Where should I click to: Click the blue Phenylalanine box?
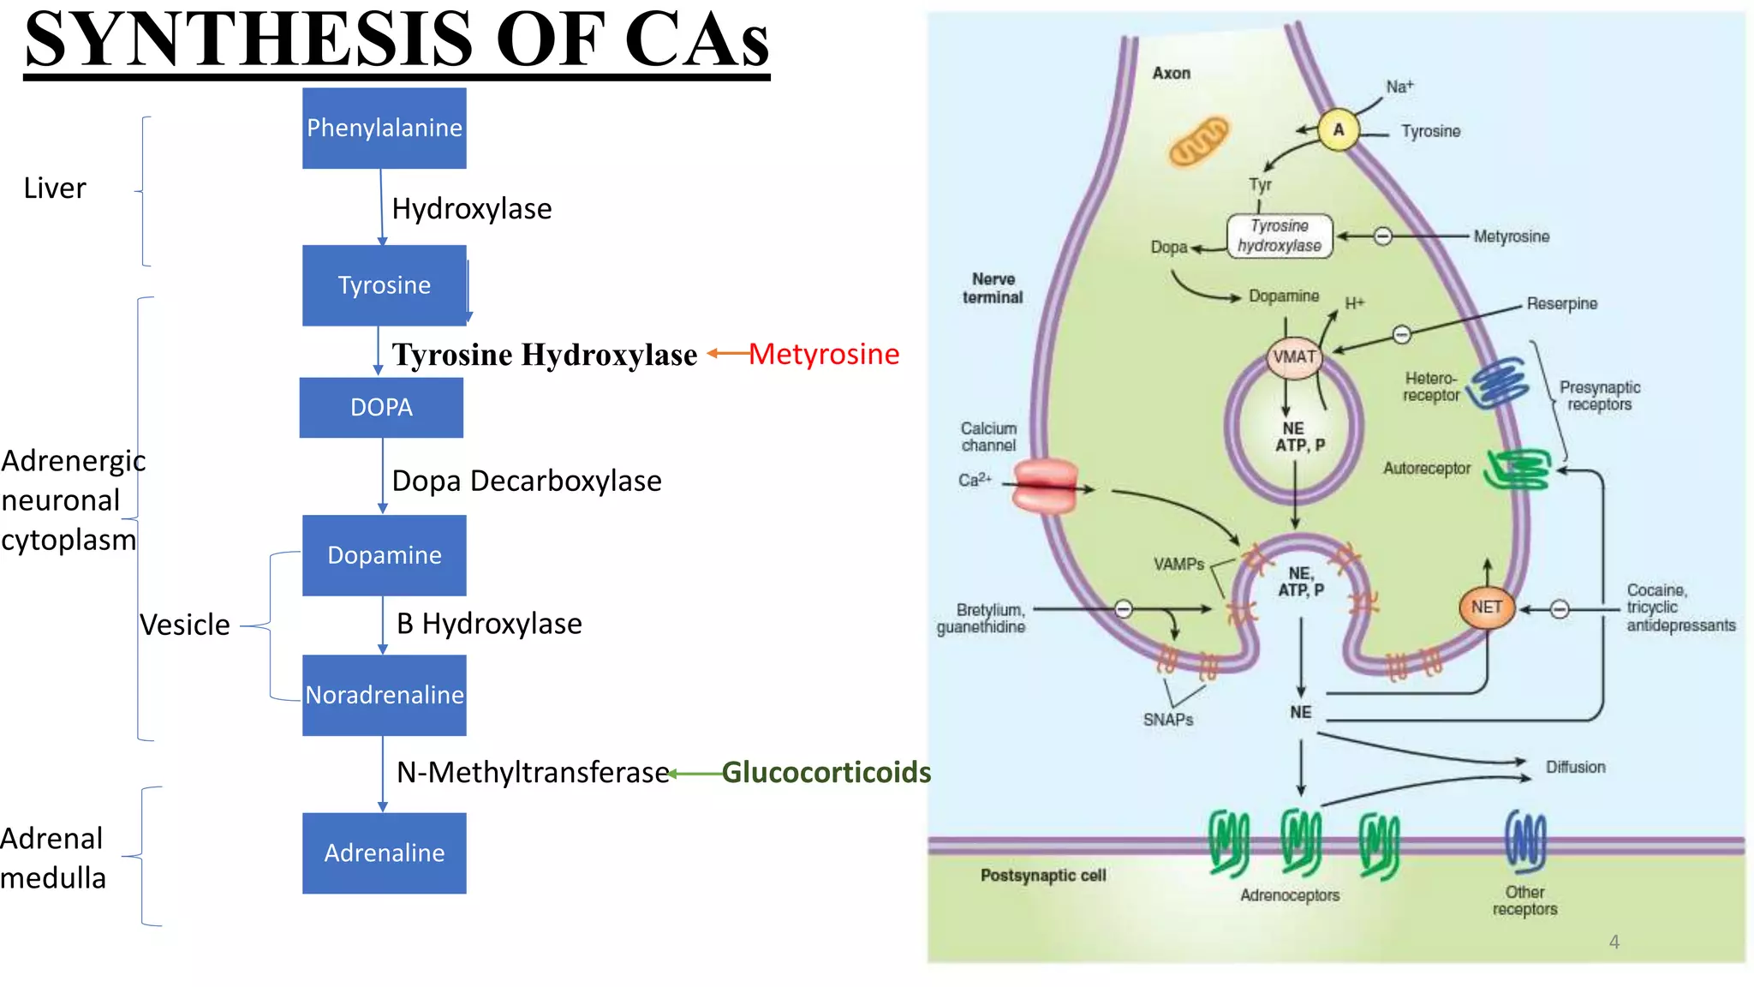tap(384, 128)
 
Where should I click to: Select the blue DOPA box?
tap(381, 407)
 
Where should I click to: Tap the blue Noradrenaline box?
tap(384, 695)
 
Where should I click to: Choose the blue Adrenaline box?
tap(384, 852)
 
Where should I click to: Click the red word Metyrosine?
tap(824, 354)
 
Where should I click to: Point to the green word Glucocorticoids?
tap(826, 772)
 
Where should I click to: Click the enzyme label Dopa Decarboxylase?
tap(526, 481)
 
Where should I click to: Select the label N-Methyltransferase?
tap(532, 772)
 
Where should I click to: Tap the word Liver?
tap(55, 188)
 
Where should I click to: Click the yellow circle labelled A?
tap(1338, 130)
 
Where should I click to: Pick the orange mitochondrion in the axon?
tap(1199, 141)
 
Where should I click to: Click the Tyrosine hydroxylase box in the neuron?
tap(1280, 236)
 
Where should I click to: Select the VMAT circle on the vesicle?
tap(1294, 356)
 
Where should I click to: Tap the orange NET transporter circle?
tap(1487, 607)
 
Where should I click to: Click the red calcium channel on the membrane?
tap(1045, 486)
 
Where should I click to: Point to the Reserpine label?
tap(1561, 303)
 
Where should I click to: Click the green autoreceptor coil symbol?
tap(1518, 470)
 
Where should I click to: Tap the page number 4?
tap(1614, 942)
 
